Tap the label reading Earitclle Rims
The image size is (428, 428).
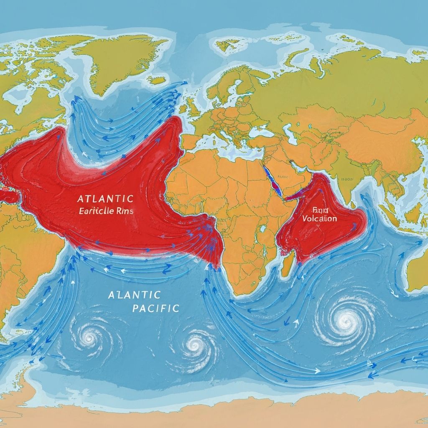point(106,211)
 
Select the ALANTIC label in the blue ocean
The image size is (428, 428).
point(134,295)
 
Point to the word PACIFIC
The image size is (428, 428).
point(155,308)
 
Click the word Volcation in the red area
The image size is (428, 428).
point(319,218)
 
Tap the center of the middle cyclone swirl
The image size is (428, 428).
point(195,345)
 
